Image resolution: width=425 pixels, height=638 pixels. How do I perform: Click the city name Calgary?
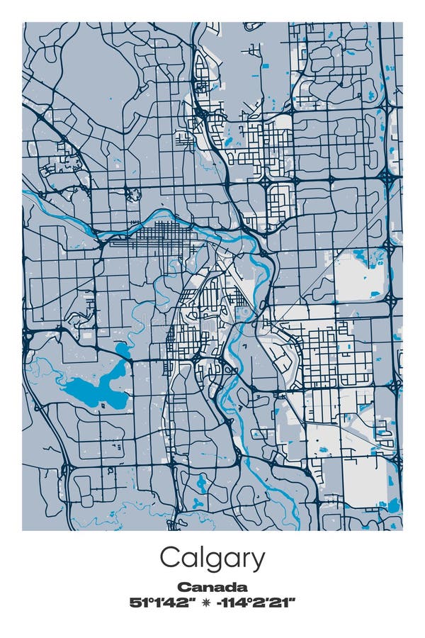(212, 559)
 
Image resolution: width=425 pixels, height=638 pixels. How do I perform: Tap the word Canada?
(212, 587)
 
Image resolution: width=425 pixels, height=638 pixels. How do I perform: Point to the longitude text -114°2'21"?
(259, 603)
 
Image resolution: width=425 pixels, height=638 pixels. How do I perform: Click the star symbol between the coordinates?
(206, 603)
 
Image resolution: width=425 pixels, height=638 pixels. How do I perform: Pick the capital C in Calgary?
(169, 558)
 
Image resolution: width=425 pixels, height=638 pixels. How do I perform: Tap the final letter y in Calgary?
(258, 561)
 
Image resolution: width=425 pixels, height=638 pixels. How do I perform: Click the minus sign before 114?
(223, 603)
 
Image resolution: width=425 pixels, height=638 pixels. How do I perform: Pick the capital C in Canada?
(183, 587)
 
